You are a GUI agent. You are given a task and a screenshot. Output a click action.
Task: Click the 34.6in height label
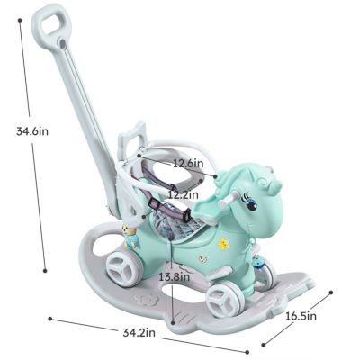32,131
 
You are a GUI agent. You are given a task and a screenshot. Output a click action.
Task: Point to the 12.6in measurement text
189,164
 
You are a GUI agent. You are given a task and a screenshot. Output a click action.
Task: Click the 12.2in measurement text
184,194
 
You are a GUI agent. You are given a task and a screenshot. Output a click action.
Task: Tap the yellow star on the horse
226,242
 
